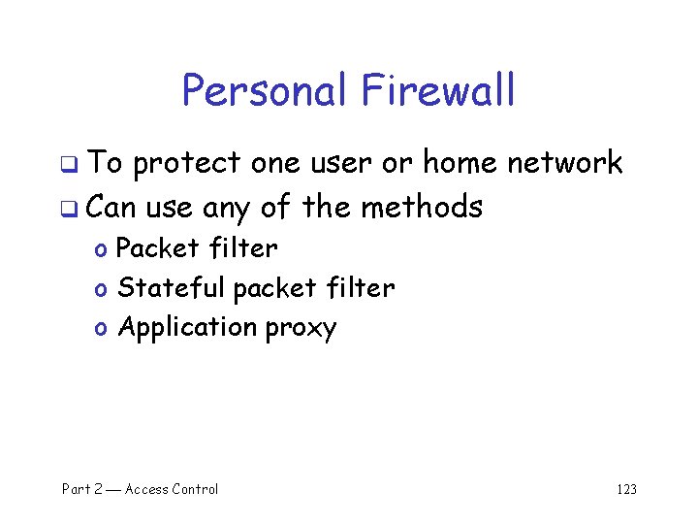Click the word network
click(564, 163)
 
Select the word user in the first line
click(341, 164)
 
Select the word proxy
click(301, 329)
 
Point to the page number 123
click(626, 489)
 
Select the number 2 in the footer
click(97, 489)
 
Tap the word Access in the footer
click(145, 489)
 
